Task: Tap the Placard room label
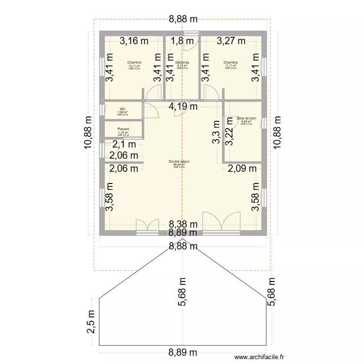tap(123, 129)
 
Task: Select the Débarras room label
tap(182, 63)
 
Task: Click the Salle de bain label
tap(246, 118)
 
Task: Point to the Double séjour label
tap(179, 162)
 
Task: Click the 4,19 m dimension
tap(182, 106)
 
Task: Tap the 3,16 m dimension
tap(134, 41)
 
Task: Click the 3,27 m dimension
tap(231, 41)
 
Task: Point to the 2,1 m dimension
tap(122, 144)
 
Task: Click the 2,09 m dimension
tap(243, 168)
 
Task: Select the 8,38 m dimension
tap(183, 224)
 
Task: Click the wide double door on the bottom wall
tap(222, 223)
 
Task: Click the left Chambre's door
tap(153, 93)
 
